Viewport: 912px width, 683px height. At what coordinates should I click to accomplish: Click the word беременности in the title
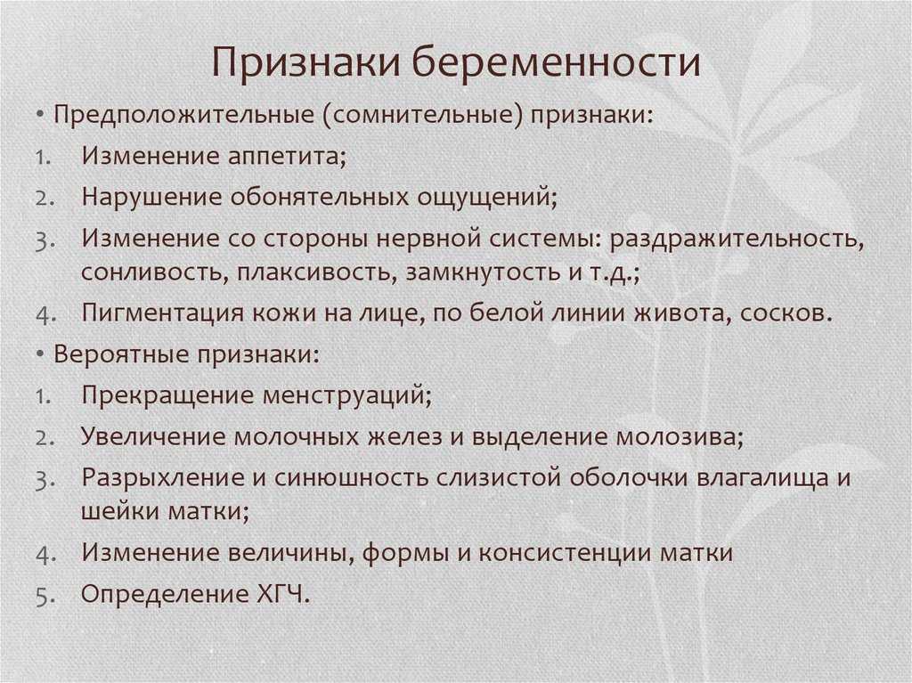556,61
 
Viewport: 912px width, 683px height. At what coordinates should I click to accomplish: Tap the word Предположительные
183,115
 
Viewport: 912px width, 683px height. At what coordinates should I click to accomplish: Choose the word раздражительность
737,239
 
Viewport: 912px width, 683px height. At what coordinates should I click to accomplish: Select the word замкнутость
482,272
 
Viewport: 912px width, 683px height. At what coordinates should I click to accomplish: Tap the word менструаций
346,395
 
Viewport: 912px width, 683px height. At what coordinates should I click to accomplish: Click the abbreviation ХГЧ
281,594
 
